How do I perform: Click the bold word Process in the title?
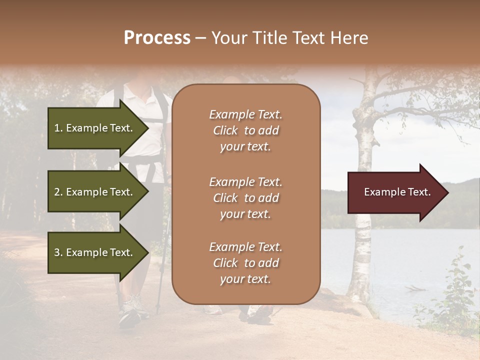coord(157,38)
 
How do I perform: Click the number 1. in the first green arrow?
coord(58,128)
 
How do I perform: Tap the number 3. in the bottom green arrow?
coord(58,252)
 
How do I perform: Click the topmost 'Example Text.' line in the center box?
coord(245,114)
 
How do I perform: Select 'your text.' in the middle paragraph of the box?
coord(245,214)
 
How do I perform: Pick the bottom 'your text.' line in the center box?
coord(245,279)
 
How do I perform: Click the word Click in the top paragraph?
coord(225,130)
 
